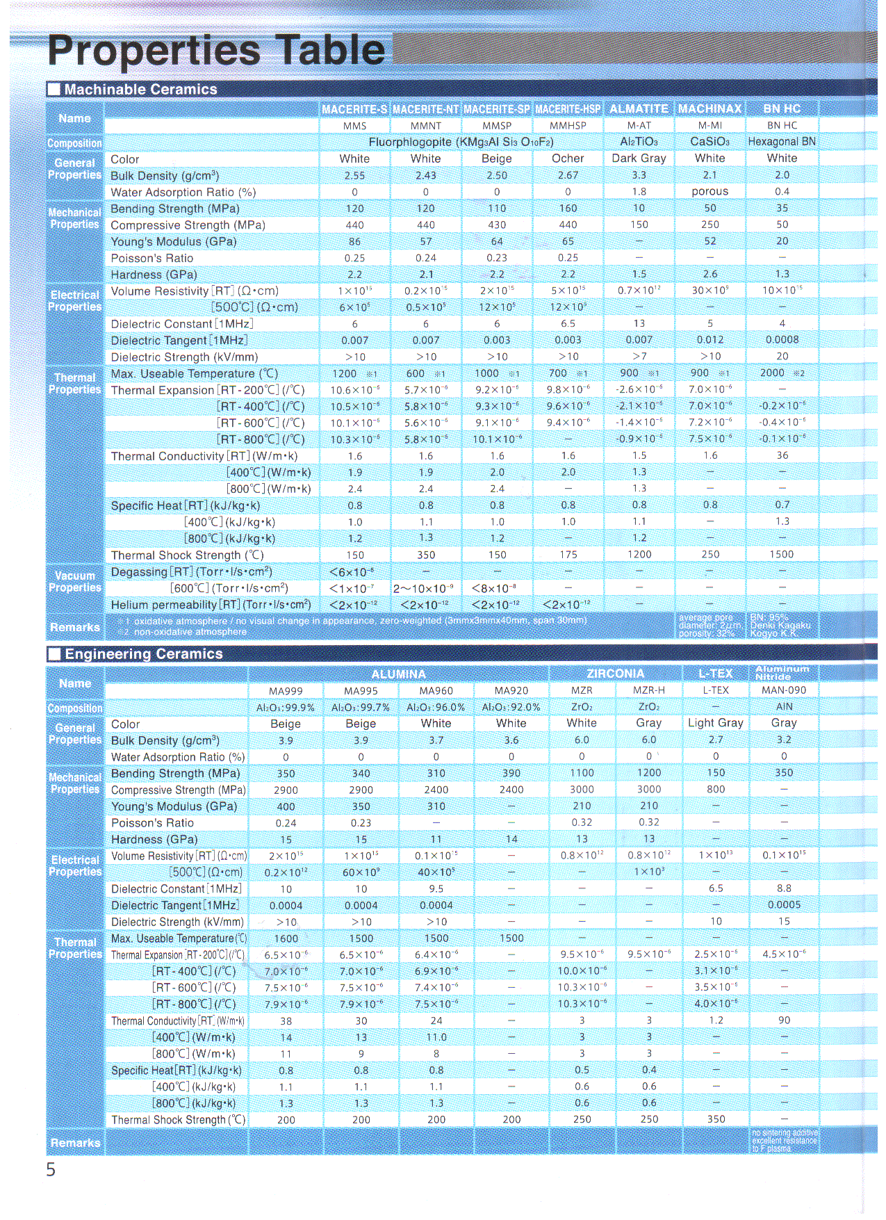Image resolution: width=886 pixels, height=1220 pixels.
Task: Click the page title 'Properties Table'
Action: click(216, 50)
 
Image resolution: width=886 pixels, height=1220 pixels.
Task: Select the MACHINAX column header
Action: click(709, 109)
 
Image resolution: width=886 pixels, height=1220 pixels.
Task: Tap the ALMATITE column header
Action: click(639, 109)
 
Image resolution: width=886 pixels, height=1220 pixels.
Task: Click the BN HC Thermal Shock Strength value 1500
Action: click(781, 554)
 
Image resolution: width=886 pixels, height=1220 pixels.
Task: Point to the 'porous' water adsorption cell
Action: click(709, 191)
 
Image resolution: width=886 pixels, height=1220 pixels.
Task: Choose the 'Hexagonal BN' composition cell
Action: click(782, 141)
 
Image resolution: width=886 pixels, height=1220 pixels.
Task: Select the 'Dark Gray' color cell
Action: click(639, 158)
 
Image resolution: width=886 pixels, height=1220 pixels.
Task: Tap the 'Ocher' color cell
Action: click(568, 158)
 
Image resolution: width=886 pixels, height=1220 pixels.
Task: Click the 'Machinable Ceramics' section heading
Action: click(140, 89)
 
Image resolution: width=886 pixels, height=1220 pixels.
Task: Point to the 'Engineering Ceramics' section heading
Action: click(143, 654)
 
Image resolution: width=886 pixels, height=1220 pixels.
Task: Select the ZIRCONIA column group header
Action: click(615, 674)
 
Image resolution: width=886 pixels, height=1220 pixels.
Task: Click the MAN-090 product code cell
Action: click(784, 690)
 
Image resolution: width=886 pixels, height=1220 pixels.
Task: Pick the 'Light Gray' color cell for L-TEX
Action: click(716, 723)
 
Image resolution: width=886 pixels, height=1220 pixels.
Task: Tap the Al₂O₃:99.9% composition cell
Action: click(286, 707)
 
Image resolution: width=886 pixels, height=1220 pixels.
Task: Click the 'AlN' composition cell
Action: click(784, 706)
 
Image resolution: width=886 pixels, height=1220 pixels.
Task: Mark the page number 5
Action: click(51, 1170)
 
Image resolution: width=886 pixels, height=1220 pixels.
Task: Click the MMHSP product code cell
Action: click(568, 126)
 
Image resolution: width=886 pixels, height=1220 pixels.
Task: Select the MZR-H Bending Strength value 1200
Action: click(649, 773)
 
